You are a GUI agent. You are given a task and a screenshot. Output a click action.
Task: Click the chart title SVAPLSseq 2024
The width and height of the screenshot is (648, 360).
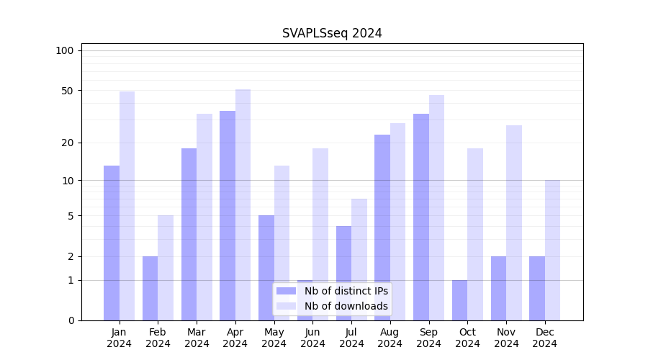coord(332,33)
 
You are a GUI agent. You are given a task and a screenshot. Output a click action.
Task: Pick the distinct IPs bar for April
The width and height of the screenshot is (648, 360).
coord(228,215)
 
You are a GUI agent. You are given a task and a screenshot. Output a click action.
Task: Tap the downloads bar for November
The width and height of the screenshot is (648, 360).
coord(513,222)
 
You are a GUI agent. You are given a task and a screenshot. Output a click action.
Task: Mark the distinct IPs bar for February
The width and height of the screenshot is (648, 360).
coord(150,288)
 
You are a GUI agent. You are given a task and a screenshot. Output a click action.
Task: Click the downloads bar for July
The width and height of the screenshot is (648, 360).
coord(359,259)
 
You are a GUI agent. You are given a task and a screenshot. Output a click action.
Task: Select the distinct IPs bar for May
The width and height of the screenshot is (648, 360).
coord(266,267)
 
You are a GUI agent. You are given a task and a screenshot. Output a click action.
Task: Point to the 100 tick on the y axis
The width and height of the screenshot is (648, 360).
coord(65,50)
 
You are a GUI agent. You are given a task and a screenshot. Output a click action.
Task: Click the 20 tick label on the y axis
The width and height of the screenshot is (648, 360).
coord(68,143)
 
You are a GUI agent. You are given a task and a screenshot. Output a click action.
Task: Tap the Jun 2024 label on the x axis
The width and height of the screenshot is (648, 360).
coord(312,338)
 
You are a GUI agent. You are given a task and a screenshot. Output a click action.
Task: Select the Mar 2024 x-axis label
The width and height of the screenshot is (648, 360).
coord(197,338)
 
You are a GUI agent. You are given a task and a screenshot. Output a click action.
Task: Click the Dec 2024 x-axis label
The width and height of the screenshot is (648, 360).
coord(544,338)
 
